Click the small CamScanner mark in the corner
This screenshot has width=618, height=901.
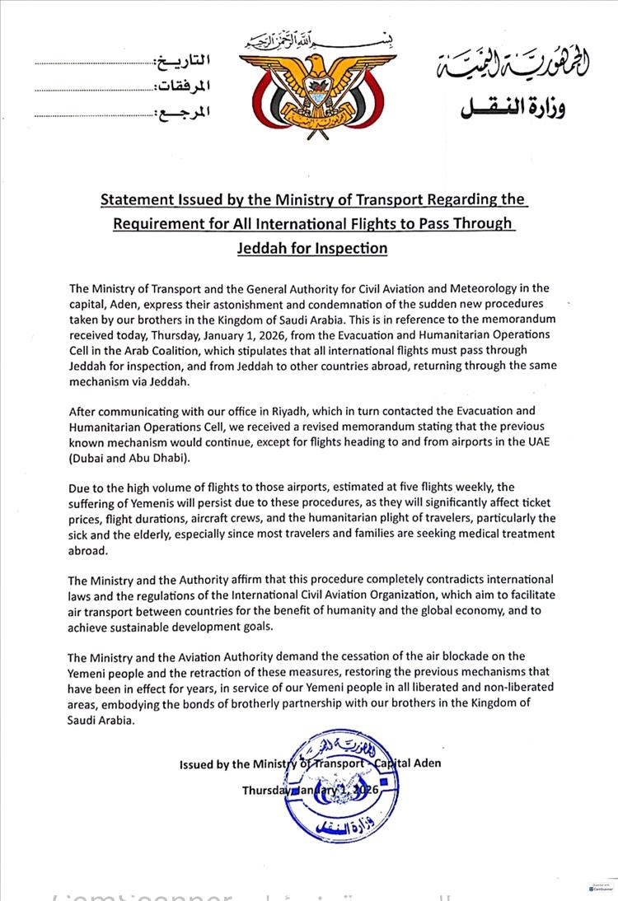point(602,889)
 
